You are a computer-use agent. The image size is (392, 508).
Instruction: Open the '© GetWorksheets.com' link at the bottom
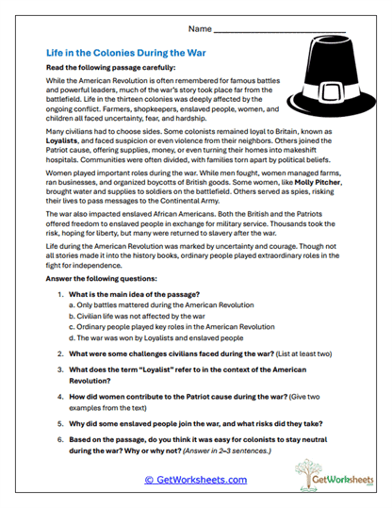[195, 480]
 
